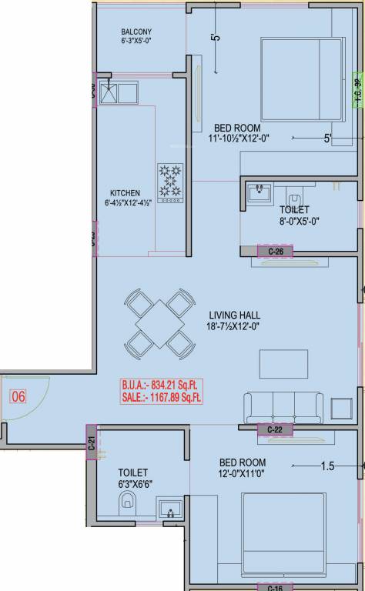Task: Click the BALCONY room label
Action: [x=136, y=32]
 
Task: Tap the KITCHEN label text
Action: [x=124, y=193]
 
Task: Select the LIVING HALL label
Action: [x=234, y=315]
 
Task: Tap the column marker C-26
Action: [x=276, y=252]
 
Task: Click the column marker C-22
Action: [x=275, y=429]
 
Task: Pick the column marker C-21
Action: [x=91, y=442]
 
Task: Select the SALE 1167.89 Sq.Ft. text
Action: [x=161, y=397]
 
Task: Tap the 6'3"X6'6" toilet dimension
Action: [x=132, y=485]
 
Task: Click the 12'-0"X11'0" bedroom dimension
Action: [x=243, y=475]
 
